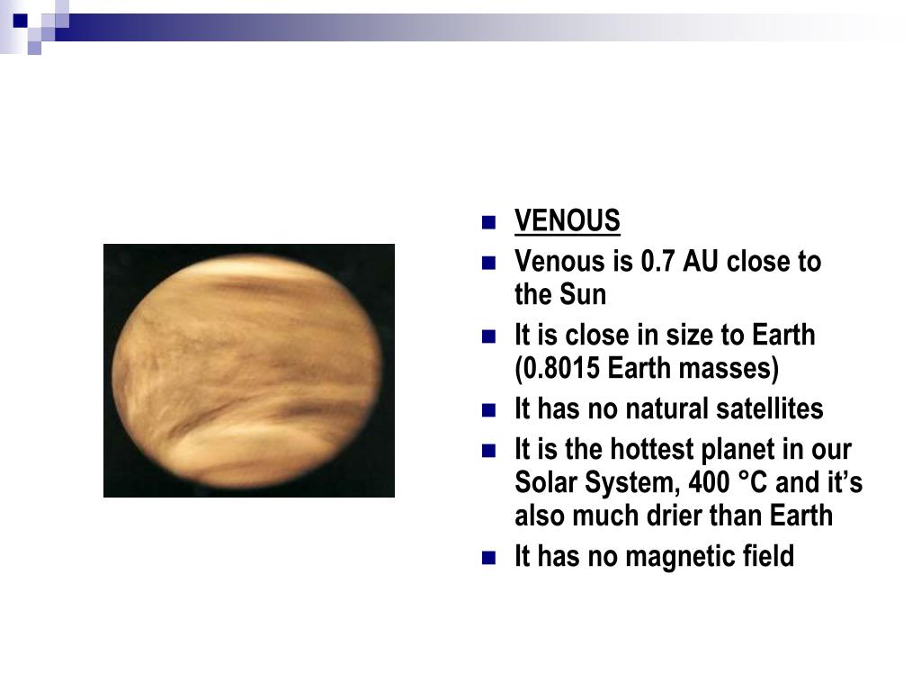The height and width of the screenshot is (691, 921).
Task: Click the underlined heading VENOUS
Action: pyautogui.click(x=567, y=221)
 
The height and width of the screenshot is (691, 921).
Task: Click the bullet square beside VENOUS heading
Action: pyautogui.click(x=488, y=222)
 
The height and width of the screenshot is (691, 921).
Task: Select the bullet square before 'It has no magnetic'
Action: pyautogui.click(x=488, y=557)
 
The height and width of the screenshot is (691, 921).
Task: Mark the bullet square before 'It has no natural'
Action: pyautogui.click(x=488, y=409)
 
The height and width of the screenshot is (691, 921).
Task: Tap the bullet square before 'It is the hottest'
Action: pyautogui.click(x=488, y=451)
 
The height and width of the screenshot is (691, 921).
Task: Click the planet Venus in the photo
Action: pyautogui.click(x=246, y=372)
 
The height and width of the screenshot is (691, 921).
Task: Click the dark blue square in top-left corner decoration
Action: pyautogui.click(x=21, y=21)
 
